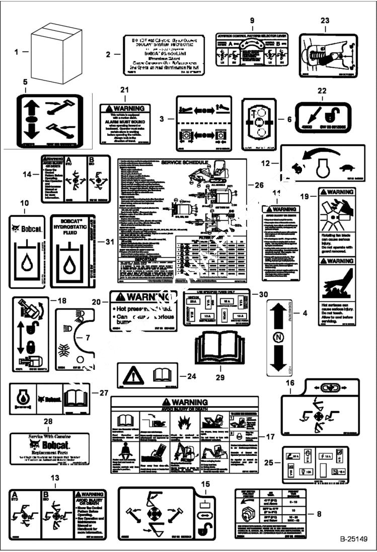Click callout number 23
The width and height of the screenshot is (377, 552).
tap(325, 21)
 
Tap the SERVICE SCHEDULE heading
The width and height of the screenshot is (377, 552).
tap(182, 164)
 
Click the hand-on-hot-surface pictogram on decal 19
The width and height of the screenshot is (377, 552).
tap(337, 284)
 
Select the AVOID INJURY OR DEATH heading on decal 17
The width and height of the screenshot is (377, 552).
tap(182, 409)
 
